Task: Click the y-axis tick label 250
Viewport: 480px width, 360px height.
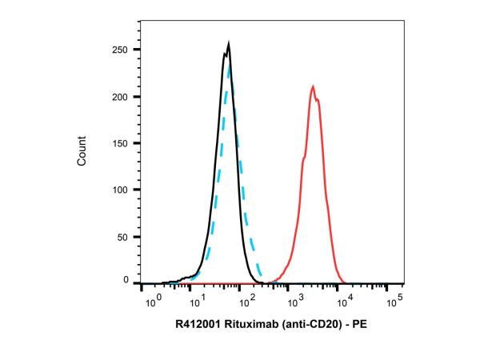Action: [x=121, y=50]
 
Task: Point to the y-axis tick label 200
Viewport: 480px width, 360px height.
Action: [x=121, y=97]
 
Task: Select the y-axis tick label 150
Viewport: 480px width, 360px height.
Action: [x=121, y=143]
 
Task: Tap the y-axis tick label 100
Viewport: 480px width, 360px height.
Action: [x=121, y=190]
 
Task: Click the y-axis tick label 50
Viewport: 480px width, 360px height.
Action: [x=123, y=237]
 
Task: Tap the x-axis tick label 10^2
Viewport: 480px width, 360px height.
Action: [x=246, y=302]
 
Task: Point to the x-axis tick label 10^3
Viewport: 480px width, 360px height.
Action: [x=295, y=302]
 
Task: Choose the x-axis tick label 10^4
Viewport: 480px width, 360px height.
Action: [x=345, y=302]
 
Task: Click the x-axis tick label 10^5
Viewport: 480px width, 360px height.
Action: [x=394, y=302]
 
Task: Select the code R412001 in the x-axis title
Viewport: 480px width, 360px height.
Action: [x=195, y=326]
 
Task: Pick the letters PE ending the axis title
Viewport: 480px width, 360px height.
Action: [x=359, y=326]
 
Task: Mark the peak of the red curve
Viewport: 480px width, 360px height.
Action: [x=313, y=86]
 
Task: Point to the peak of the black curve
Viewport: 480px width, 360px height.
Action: [x=229, y=45]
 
